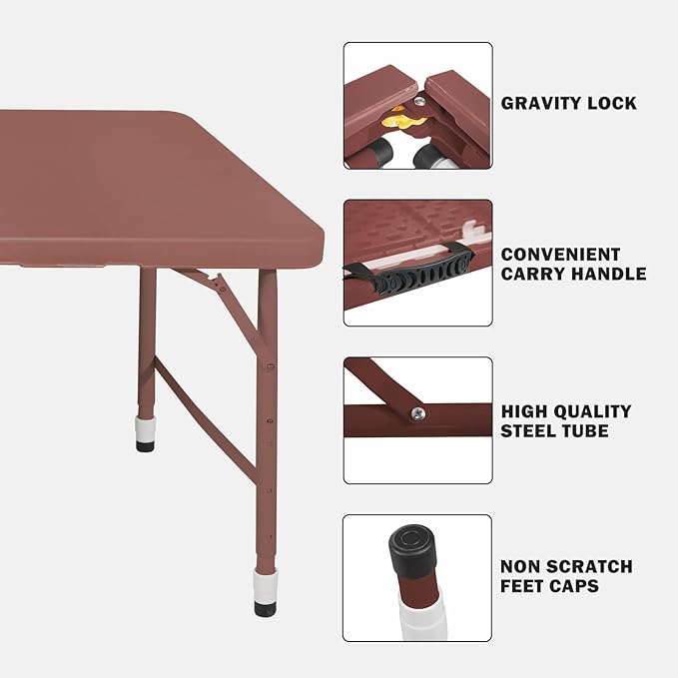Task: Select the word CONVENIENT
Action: pos(560,255)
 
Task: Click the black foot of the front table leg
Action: pos(265,607)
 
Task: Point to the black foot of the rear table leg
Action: pos(146,445)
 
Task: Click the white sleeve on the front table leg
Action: pos(265,585)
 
